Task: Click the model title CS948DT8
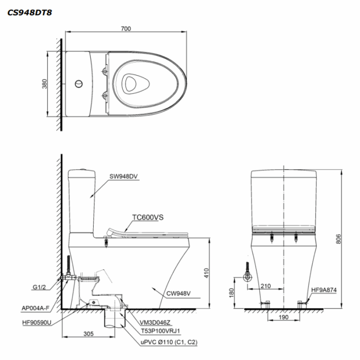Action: click(29, 11)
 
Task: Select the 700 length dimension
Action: click(125, 29)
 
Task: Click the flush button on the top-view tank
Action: click(79, 83)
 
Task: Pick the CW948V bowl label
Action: click(178, 294)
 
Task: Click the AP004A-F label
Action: click(35, 309)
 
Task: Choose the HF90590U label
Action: click(37, 322)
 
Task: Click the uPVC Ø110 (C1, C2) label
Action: click(168, 341)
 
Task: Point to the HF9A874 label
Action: click(323, 289)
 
